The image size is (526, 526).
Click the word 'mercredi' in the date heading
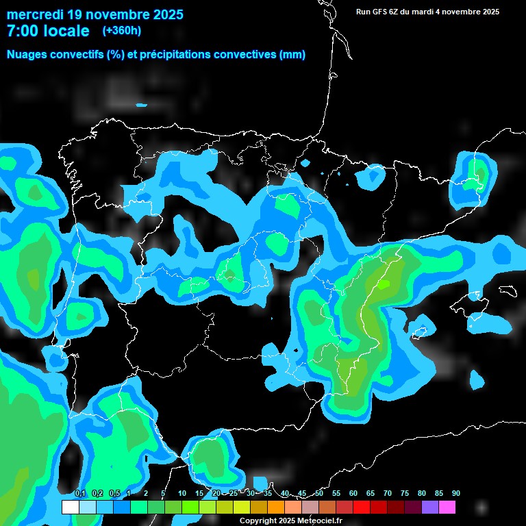click(36, 14)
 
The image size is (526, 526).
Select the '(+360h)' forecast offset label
click(122, 31)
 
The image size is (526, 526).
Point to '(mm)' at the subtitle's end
click(292, 55)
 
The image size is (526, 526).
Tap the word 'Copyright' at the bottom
click(259, 521)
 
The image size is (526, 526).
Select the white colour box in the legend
click(71, 508)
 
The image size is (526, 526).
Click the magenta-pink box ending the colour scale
click(447, 508)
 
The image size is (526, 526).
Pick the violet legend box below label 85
click(430, 508)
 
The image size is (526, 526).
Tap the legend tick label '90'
click(455, 493)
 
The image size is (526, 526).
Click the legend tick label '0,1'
click(79, 493)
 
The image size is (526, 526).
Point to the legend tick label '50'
click(319, 493)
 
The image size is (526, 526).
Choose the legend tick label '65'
click(371, 493)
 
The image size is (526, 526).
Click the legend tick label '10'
click(182, 493)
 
